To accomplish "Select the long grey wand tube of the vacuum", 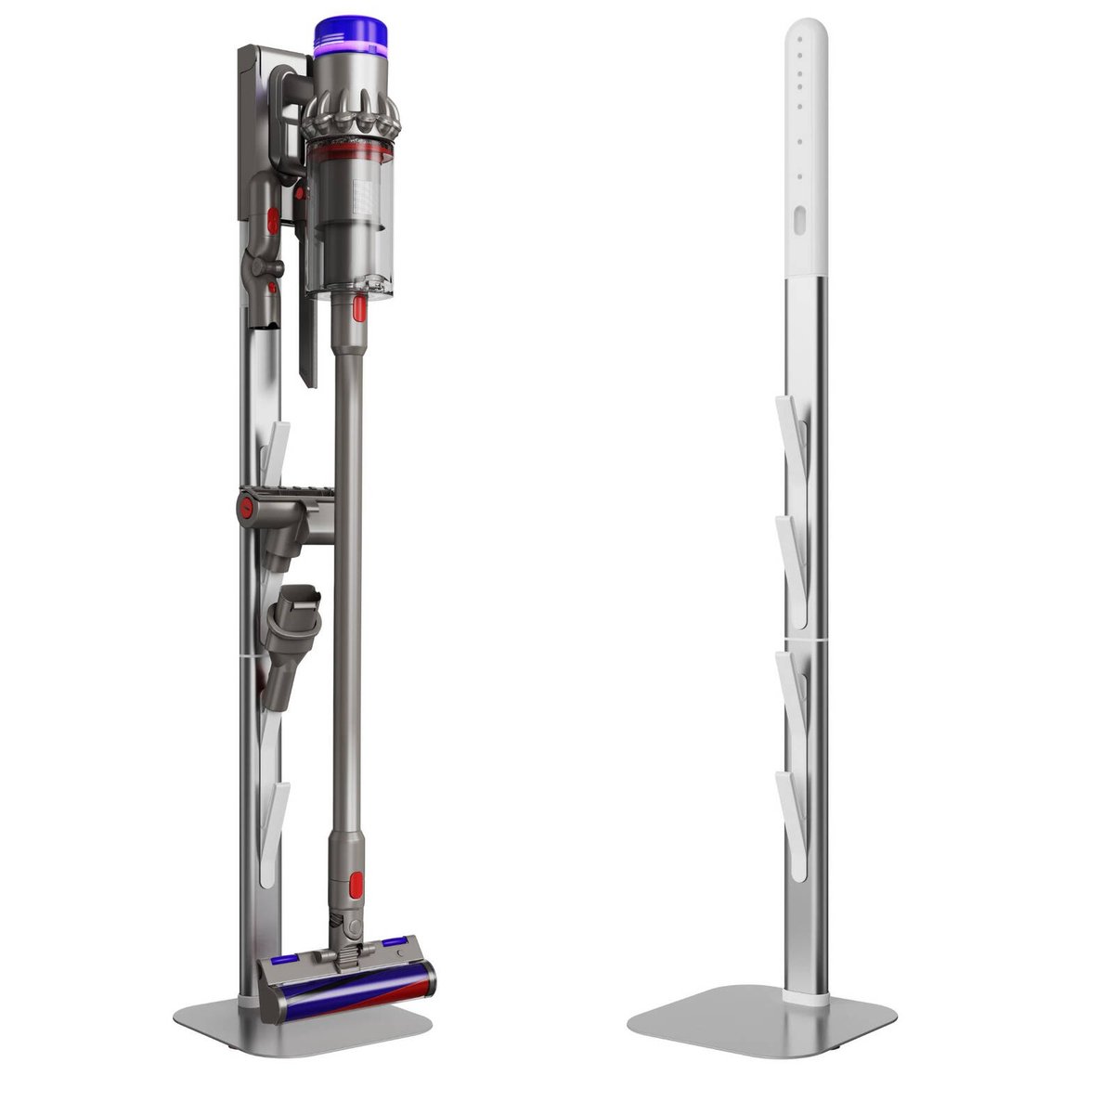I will click(344, 603).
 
